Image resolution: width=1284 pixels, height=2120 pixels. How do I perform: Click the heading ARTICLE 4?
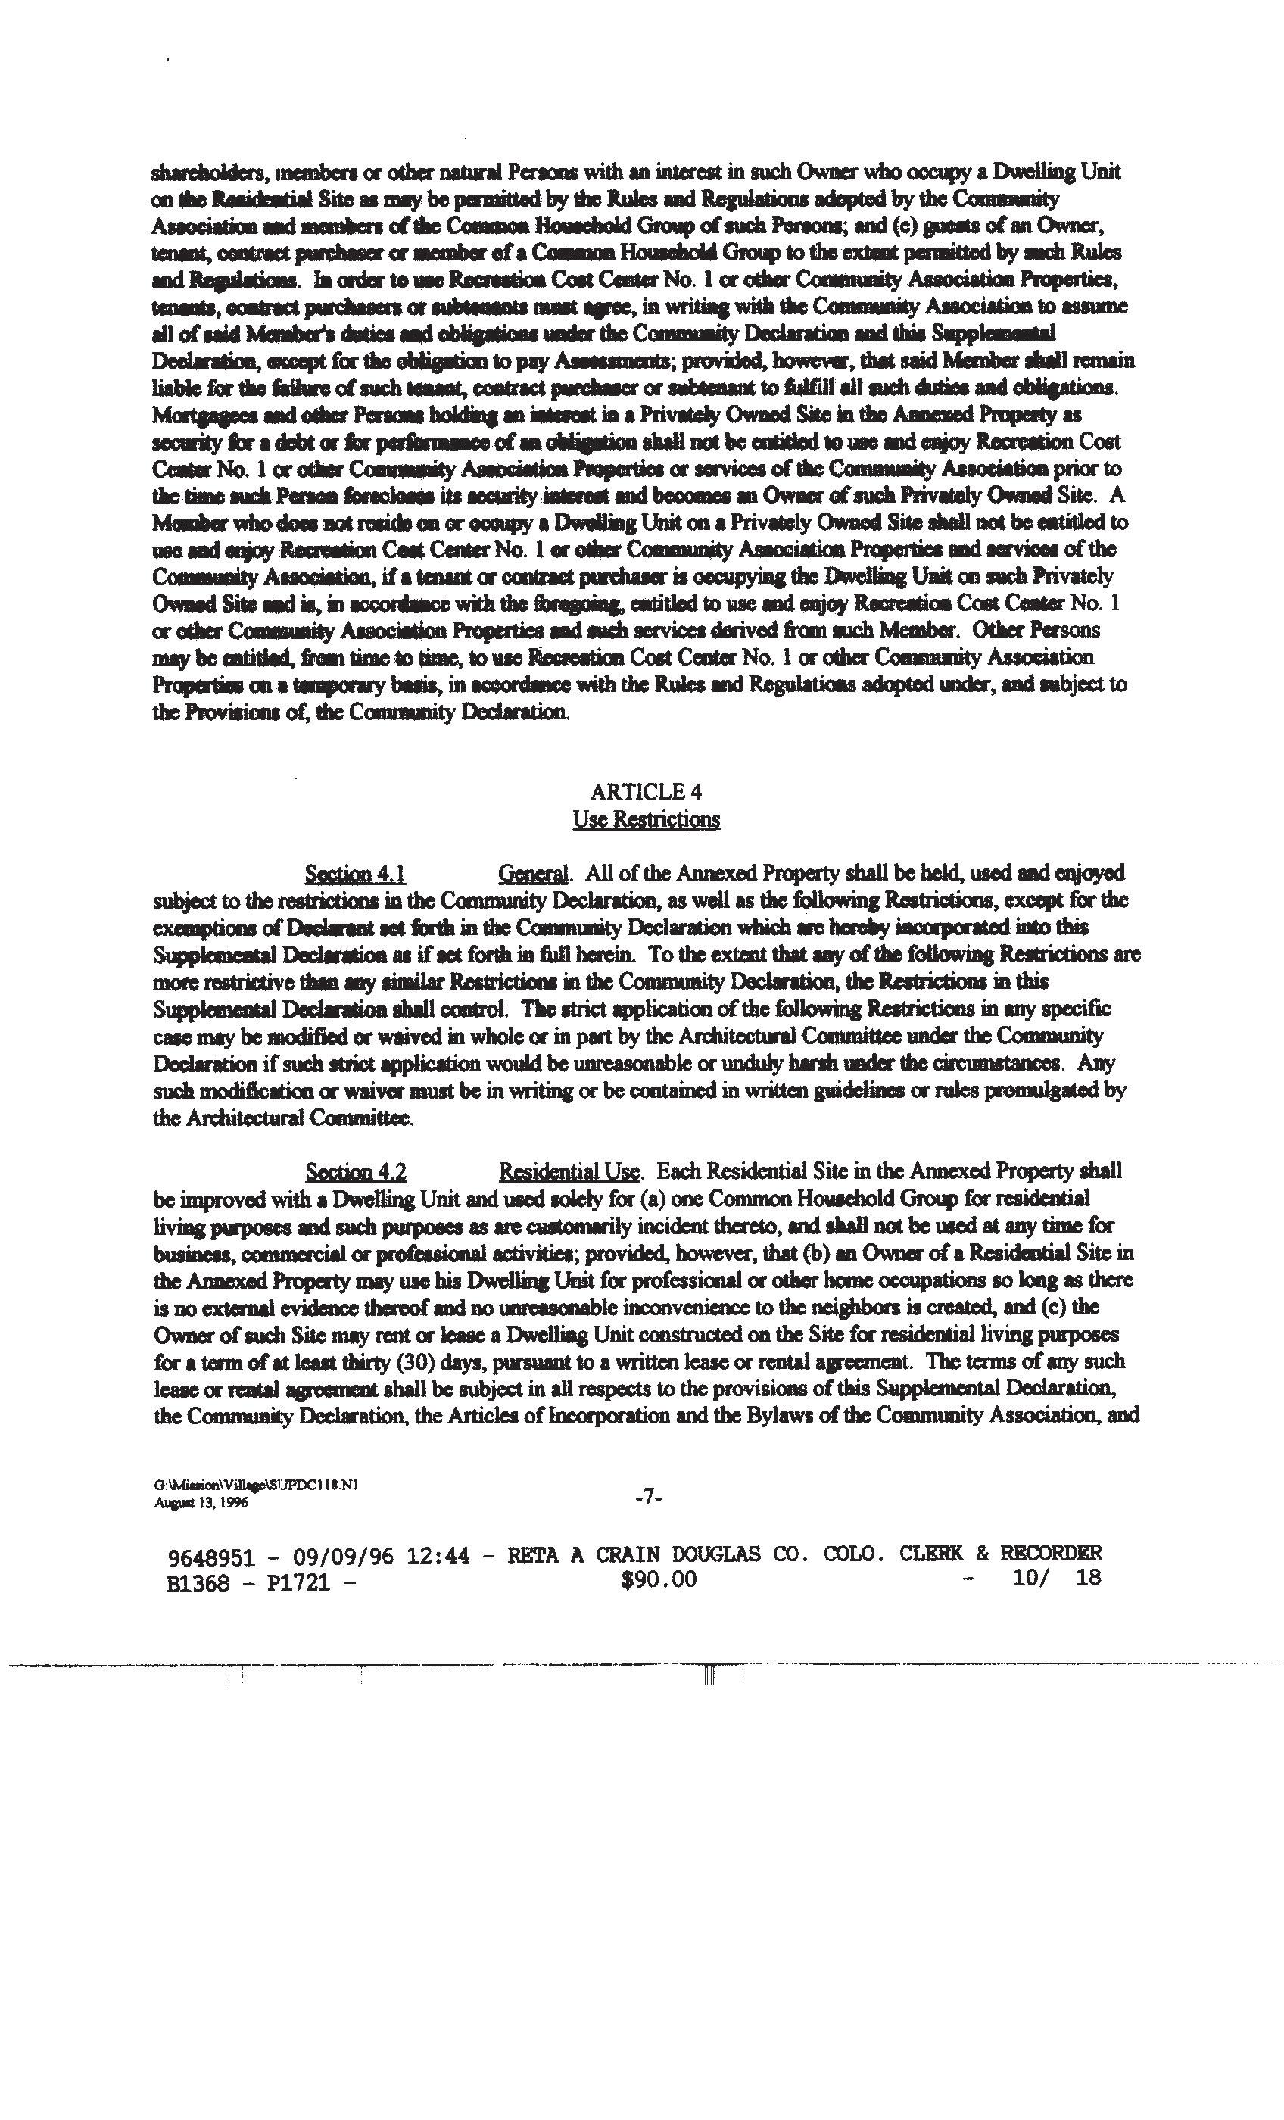coord(647,791)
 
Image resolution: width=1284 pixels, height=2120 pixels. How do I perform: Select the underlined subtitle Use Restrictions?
coord(647,819)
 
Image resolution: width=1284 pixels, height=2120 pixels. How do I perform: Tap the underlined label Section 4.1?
coord(355,874)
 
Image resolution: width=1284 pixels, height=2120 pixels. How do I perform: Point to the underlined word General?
coord(534,874)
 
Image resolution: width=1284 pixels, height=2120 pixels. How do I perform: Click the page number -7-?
coord(647,1498)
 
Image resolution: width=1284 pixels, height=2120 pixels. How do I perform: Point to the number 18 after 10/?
coord(1088,1578)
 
